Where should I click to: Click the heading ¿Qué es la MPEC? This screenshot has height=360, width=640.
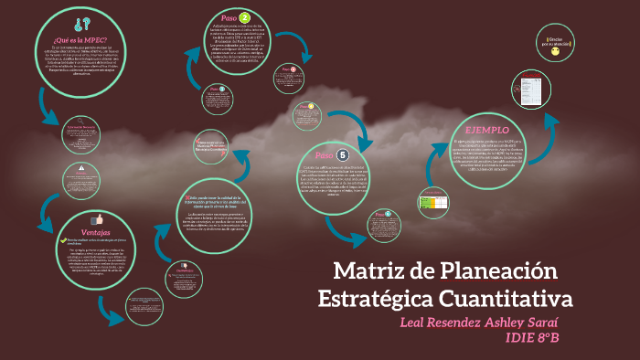(80, 40)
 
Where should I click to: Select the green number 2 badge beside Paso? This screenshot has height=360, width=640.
(245, 16)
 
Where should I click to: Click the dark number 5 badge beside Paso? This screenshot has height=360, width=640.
(343, 155)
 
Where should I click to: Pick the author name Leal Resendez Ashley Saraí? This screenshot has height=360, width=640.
(479, 323)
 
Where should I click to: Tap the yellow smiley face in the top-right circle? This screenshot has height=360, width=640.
(555, 54)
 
